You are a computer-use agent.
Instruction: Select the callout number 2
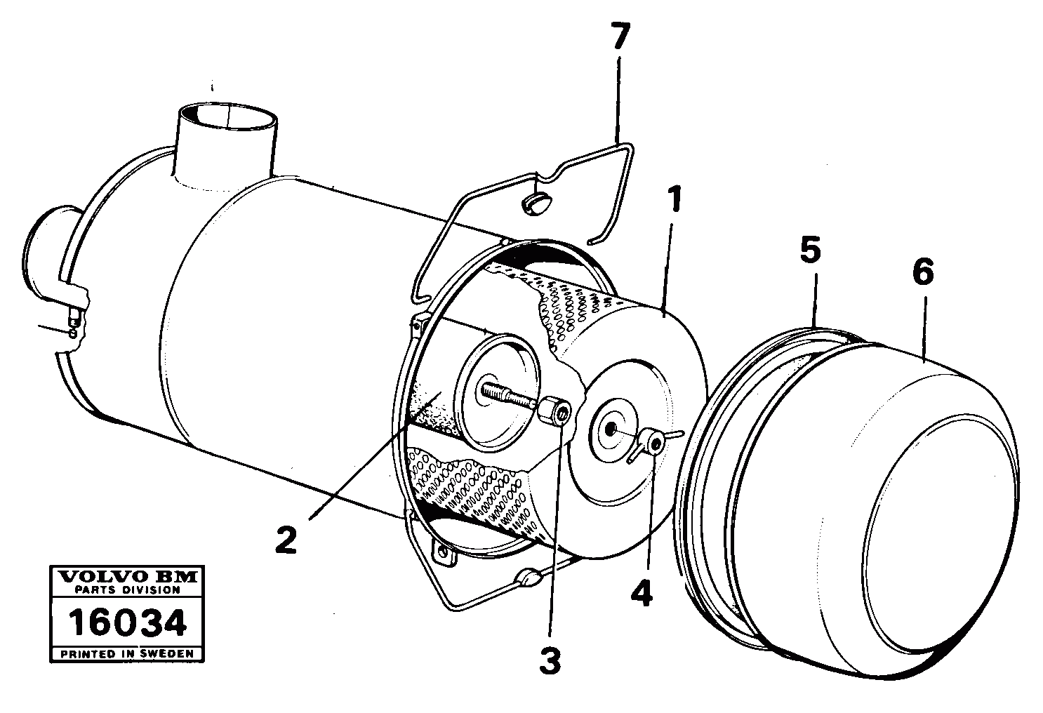tap(286, 540)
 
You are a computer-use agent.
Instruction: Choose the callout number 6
tap(922, 272)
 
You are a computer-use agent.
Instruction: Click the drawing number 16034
tap(127, 622)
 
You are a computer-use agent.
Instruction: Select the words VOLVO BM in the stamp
tap(127, 578)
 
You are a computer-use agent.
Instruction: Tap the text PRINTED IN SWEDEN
tap(127, 653)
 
